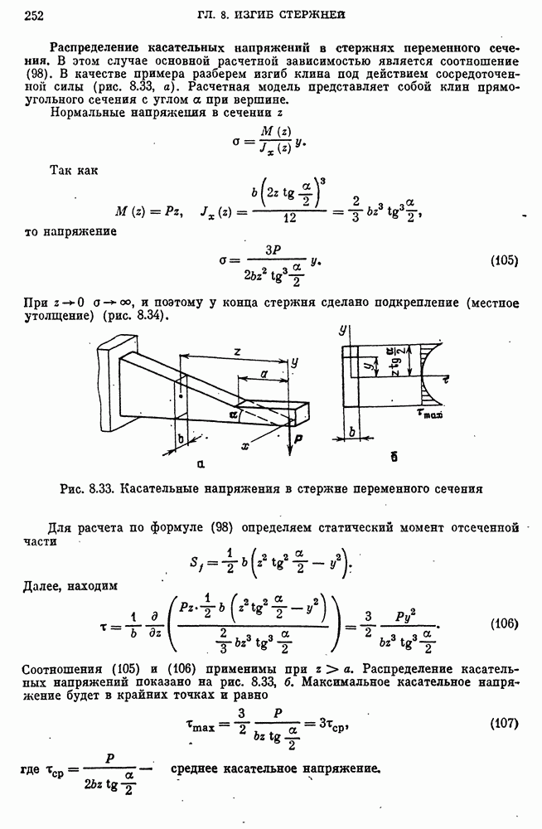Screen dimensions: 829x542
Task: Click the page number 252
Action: [x=35, y=14]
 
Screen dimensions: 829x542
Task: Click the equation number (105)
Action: [x=504, y=259]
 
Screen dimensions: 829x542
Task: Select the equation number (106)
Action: [x=504, y=623]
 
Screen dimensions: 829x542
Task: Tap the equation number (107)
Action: [x=504, y=722]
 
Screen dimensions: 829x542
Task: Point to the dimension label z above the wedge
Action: [x=237, y=352]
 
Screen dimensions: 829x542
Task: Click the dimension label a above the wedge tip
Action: [x=263, y=375]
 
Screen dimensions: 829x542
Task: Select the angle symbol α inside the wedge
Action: [x=234, y=412]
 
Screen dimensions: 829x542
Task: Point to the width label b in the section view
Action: [x=352, y=432]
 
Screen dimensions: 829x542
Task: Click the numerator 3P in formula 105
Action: [x=274, y=250]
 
